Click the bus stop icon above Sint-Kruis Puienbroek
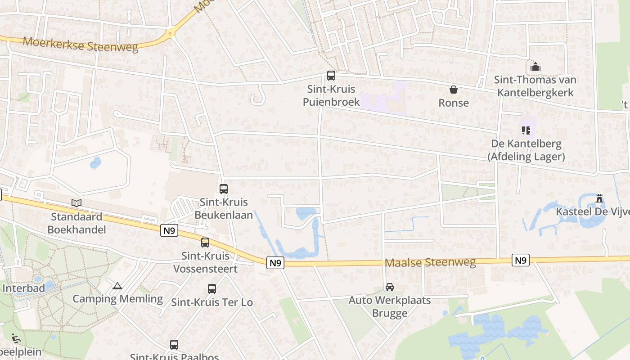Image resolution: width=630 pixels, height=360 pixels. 331,76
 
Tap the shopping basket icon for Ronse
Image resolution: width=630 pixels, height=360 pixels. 454,90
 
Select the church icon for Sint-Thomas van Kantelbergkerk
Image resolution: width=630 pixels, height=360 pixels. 535,67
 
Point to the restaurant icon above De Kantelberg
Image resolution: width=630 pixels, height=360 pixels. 526,130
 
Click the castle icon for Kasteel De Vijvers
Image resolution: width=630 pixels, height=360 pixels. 599,198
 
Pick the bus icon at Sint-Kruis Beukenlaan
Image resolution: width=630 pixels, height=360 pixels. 224,189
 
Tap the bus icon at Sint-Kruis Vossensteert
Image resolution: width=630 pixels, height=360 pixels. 205,243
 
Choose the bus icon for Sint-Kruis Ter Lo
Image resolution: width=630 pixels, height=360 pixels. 212,289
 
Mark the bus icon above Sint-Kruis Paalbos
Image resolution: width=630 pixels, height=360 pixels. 174,345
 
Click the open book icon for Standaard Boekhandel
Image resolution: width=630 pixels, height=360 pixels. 76,203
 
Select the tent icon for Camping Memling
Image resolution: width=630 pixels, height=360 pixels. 117,286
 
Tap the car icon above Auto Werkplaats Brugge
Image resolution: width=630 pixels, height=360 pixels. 390,287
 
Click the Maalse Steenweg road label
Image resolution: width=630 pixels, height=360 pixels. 430,262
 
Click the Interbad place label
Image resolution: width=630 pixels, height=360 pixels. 23,288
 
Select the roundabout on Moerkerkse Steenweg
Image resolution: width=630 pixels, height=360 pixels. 171,33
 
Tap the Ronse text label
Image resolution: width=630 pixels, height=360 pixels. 454,103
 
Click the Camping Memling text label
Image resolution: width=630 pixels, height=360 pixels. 117,299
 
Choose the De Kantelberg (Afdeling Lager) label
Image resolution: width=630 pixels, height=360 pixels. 526,150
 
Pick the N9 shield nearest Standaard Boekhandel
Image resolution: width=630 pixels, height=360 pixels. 170,231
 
